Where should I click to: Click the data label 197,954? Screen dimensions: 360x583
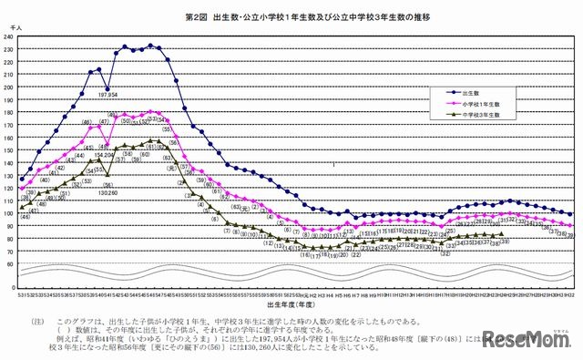[x=108, y=94]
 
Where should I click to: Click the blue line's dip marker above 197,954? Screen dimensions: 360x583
[x=108, y=86]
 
